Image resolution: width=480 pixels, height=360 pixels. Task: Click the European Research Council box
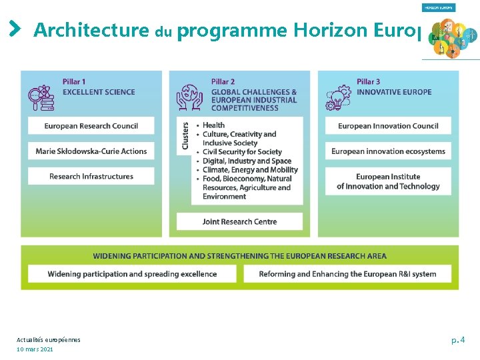tap(91, 125)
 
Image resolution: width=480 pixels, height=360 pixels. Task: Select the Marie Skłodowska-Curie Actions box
tap(91, 151)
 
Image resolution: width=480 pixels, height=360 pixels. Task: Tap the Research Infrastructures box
tap(91, 177)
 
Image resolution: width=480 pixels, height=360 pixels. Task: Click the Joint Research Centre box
tap(239, 221)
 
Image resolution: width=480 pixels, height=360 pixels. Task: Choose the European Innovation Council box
tap(388, 125)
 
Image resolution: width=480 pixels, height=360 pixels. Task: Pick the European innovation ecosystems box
tap(388, 151)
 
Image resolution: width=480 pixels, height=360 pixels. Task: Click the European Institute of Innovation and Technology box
tap(388, 181)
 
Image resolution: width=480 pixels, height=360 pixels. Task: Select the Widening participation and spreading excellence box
tap(132, 273)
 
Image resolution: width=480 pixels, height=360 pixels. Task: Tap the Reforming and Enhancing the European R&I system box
tap(347, 273)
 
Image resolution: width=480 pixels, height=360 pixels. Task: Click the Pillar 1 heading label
tap(74, 82)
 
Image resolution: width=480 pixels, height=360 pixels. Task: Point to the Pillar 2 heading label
tap(223, 82)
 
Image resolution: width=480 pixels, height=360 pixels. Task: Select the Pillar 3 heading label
tap(369, 82)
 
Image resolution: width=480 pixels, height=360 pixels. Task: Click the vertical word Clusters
tap(185, 135)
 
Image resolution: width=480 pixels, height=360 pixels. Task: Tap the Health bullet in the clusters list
tap(213, 125)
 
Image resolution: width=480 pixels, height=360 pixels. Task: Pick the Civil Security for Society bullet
tap(242, 152)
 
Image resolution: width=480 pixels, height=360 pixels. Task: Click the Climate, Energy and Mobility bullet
tap(250, 170)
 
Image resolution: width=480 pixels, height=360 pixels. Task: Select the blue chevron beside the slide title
tap(15, 29)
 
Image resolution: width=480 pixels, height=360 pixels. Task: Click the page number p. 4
tap(458, 341)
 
